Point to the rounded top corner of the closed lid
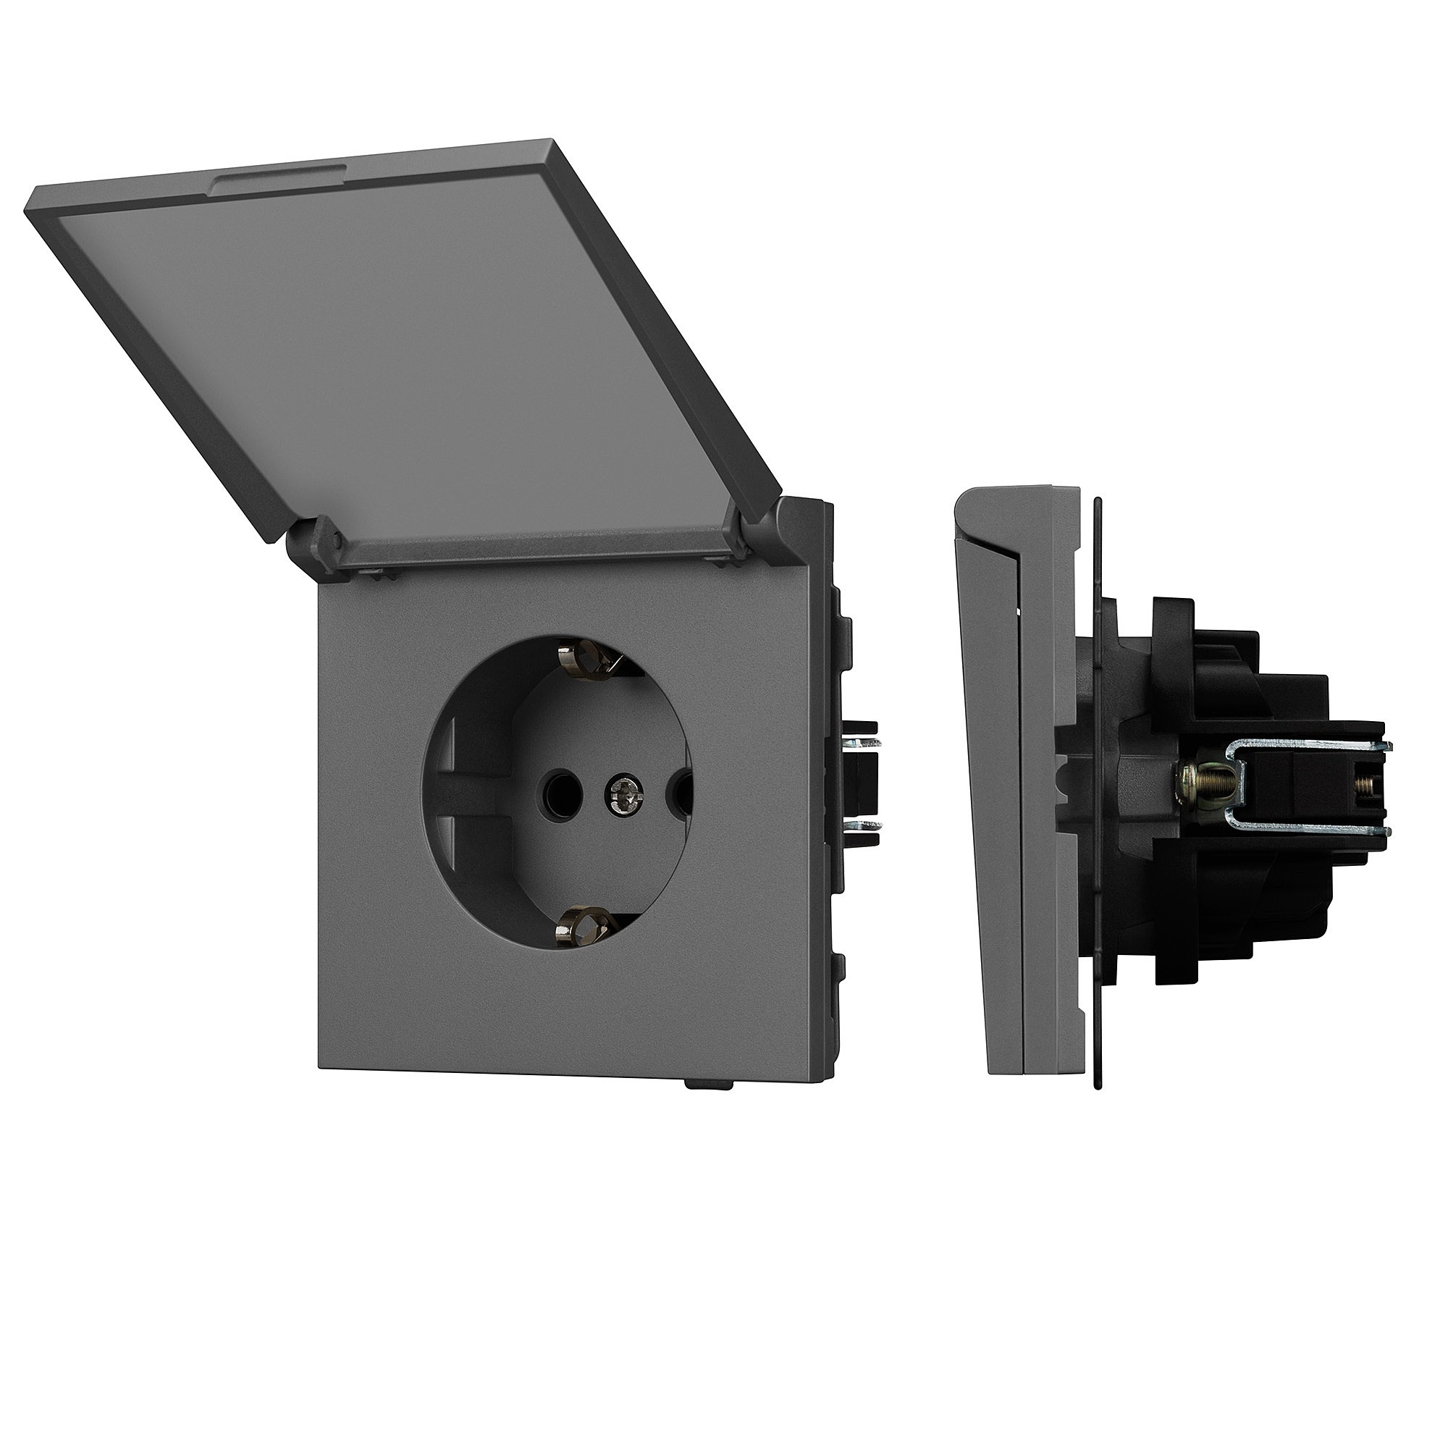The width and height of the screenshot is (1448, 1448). pyautogui.click(x=967, y=498)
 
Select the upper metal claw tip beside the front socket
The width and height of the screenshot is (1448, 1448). pyautogui.click(x=866, y=744)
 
